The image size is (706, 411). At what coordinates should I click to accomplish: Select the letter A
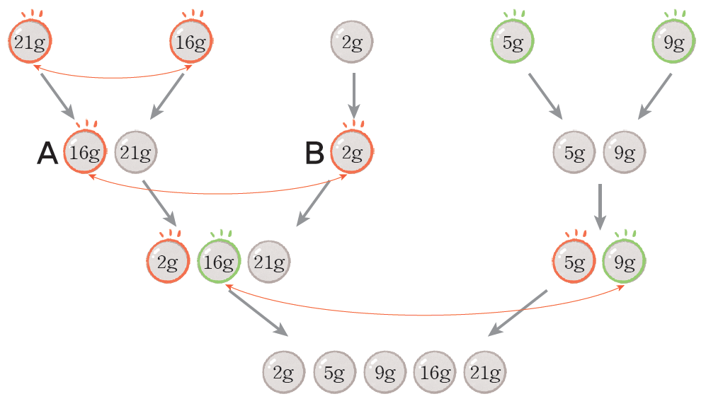pyautogui.click(x=47, y=154)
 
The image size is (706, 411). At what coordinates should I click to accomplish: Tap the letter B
pyautogui.click(x=315, y=154)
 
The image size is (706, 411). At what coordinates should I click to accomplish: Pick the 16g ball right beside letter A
pyautogui.click(x=86, y=152)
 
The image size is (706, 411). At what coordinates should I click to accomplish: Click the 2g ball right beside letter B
pyautogui.click(x=352, y=152)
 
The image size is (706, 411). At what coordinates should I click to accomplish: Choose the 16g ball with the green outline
pyautogui.click(x=219, y=262)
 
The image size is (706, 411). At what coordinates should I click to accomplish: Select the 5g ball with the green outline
pyautogui.click(x=512, y=42)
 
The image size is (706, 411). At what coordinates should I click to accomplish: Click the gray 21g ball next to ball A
pyautogui.click(x=135, y=152)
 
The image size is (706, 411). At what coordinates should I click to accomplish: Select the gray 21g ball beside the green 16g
pyautogui.click(x=269, y=262)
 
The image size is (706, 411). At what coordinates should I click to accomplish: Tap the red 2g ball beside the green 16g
pyautogui.click(x=168, y=262)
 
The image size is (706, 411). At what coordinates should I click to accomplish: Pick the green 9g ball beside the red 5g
pyautogui.click(x=624, y=262)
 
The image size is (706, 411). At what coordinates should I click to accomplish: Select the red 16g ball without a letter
pyautogui.click(x=191, y=42)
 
